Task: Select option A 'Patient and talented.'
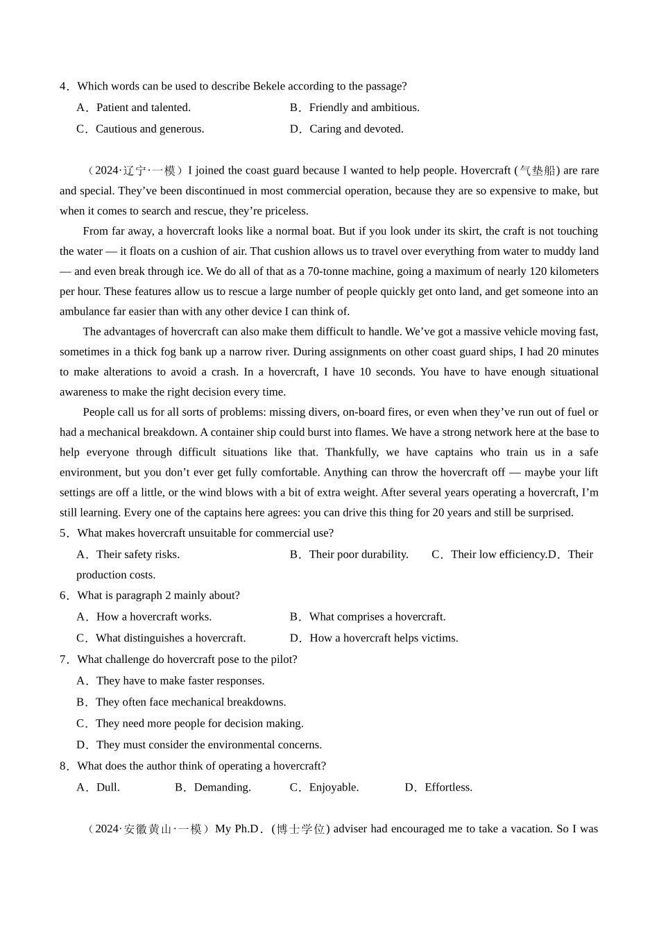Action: pos(143,108)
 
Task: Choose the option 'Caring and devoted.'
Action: pos(356,129)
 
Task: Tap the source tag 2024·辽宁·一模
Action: pos(135,171)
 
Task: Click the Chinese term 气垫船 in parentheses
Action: pos(538,171)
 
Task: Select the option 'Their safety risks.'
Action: pos(137,555)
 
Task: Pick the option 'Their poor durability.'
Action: pos(358,555)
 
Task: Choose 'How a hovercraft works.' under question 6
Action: pos(153,617)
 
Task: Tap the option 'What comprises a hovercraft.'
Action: pos(377,617)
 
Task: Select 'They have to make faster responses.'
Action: pos(180,681)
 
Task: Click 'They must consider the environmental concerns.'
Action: pos(209,745)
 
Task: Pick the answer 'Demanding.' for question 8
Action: pos(222,788)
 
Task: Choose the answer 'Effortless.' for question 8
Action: pos(448,788)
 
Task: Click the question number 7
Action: pos(64,659)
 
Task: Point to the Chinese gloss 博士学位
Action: pos(300,830)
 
